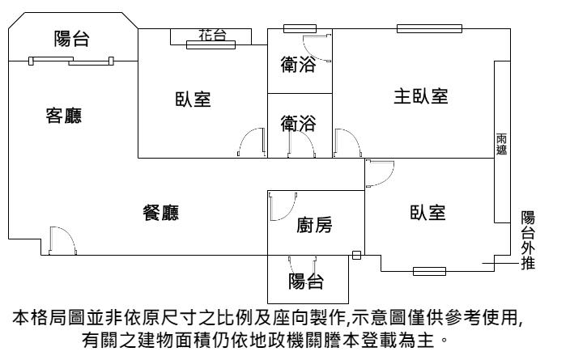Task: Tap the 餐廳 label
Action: point(160,213)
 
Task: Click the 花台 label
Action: point(212,34)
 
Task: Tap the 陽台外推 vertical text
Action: point(527,239)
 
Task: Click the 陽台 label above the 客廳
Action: point(71,38)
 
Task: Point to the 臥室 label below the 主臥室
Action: point(427,213)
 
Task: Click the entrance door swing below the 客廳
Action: point(62,240)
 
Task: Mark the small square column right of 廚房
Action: point(357,256)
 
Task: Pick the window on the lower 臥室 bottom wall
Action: point(428,270)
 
